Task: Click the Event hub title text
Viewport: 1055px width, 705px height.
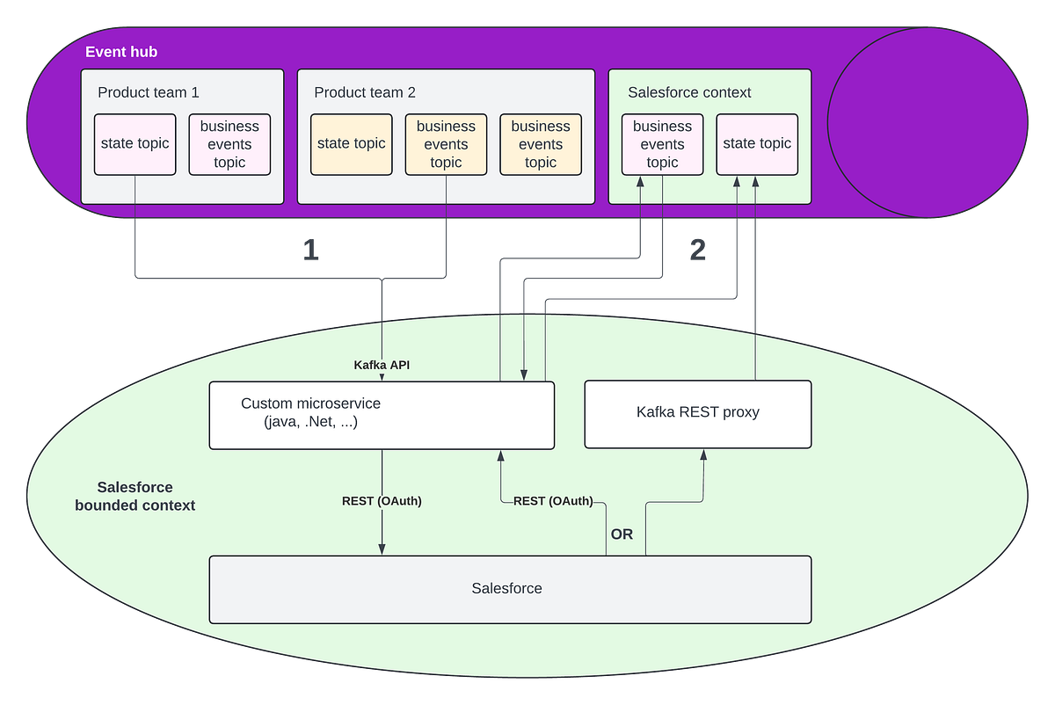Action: coord(121,52)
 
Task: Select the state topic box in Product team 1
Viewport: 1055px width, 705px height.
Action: coord(135,144)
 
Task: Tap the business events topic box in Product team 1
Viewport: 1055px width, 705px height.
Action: coord(229,144)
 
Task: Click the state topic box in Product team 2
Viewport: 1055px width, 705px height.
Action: coord(351,144)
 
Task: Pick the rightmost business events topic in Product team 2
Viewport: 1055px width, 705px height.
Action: coord(541,144)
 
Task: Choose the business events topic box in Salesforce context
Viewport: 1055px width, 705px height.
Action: coord(662,144)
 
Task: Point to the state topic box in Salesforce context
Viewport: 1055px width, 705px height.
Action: coord(757,144)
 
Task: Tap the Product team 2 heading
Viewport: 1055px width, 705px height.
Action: coord(365,92)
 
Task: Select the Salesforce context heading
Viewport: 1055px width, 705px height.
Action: coord(689,92)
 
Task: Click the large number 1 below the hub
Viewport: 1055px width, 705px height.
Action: coord(310,251)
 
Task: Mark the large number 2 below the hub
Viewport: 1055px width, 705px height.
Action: coord(696,251)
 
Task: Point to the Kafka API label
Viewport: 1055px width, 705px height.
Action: coord(382,364)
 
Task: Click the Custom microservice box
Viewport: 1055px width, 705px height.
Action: coord(382,415)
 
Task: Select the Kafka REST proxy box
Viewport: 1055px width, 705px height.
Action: coord(698,412)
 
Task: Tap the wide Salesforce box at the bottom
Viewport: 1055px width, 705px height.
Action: coord(510,588)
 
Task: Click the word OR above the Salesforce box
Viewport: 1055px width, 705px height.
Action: coord(622,534)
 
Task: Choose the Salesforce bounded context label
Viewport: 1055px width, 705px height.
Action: coord(135,497)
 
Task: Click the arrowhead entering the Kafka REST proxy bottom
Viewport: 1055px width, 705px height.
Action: coord(703,454)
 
